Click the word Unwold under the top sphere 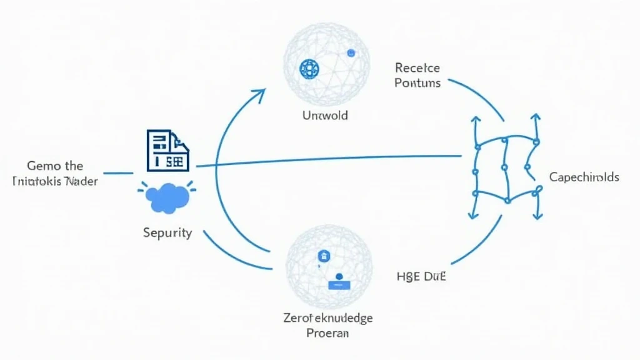325,116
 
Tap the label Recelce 417,67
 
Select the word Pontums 417,82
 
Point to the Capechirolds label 584,177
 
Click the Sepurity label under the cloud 167,232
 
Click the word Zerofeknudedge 328,317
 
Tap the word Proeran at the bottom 327,332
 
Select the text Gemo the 55,166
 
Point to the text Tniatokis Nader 55,181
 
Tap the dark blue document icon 167,151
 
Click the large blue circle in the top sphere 309,68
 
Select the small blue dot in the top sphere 351,53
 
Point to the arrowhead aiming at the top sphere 257,96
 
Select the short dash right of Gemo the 117,173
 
